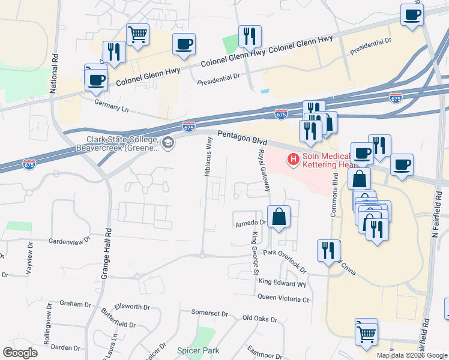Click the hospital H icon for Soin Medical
point(294,160)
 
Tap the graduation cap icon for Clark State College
point(168,142)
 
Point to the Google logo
point(20,353)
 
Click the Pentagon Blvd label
point(242,137)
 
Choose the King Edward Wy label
point(282,283)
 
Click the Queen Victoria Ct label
point(283,298)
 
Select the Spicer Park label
point(198,350)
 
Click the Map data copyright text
point(411,355)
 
